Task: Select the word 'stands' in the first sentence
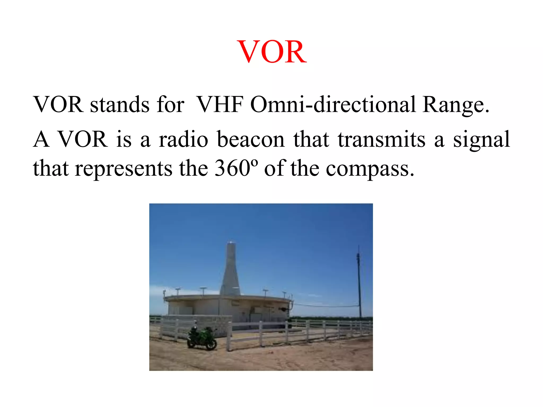point(120,105)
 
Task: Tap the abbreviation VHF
point(220,105)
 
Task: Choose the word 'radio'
point(183,140)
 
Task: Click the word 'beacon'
point(251,140)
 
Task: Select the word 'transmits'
point(381,140)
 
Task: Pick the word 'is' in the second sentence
point(124,140)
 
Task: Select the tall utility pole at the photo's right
point(359,284)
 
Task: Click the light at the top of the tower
point(231,242)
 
